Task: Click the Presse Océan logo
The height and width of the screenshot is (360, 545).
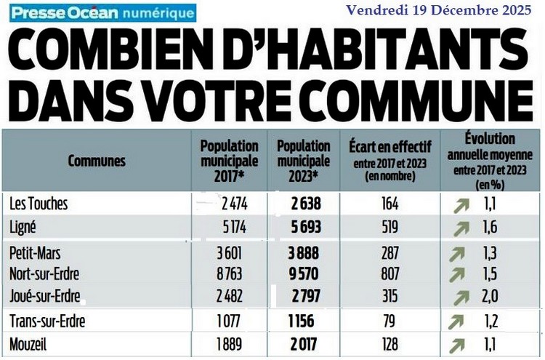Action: (x=102, y=13)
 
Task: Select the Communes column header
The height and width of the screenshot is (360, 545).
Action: (x=96, y=161)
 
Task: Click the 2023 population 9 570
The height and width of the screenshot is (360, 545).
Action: (x=304, y=274)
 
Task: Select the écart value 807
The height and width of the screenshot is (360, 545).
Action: (x=389, y=274)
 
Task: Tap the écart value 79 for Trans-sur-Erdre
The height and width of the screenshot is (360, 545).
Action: (x=389, y=321)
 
